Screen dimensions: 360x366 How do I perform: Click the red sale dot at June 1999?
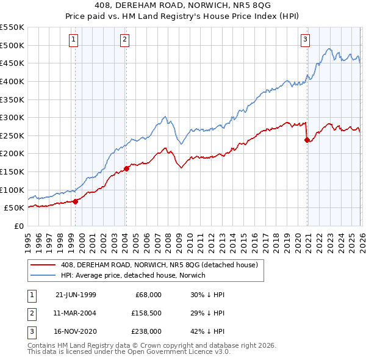click(x=76, y=201)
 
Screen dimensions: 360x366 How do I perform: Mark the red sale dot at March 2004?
click(x=126, y=168)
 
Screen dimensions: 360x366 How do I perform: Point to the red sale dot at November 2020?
click(x=307, y=140)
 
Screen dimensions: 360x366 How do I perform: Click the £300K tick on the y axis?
click(x=12, y=117)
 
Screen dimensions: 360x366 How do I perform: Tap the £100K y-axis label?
click(x=12, y=190)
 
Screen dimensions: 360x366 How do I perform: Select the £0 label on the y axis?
click(x=18, y=226)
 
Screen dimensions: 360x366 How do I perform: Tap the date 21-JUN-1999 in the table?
click(x=76, y=295)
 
